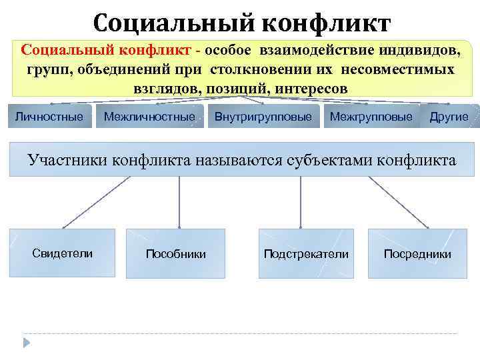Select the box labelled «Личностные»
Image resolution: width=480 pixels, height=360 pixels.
click(49, 117)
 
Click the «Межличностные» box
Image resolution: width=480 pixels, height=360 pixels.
click(150, 117)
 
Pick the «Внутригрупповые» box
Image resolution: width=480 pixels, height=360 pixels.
click(263, 117)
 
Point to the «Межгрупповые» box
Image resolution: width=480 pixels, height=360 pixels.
click(371, 117)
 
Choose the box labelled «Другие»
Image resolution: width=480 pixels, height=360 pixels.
click(449, 117)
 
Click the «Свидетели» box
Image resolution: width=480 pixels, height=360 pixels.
click(63, 253)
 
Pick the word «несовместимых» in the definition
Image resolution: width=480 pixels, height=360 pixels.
click(401, 70)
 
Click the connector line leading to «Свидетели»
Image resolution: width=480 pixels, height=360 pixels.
click(85, 202)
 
